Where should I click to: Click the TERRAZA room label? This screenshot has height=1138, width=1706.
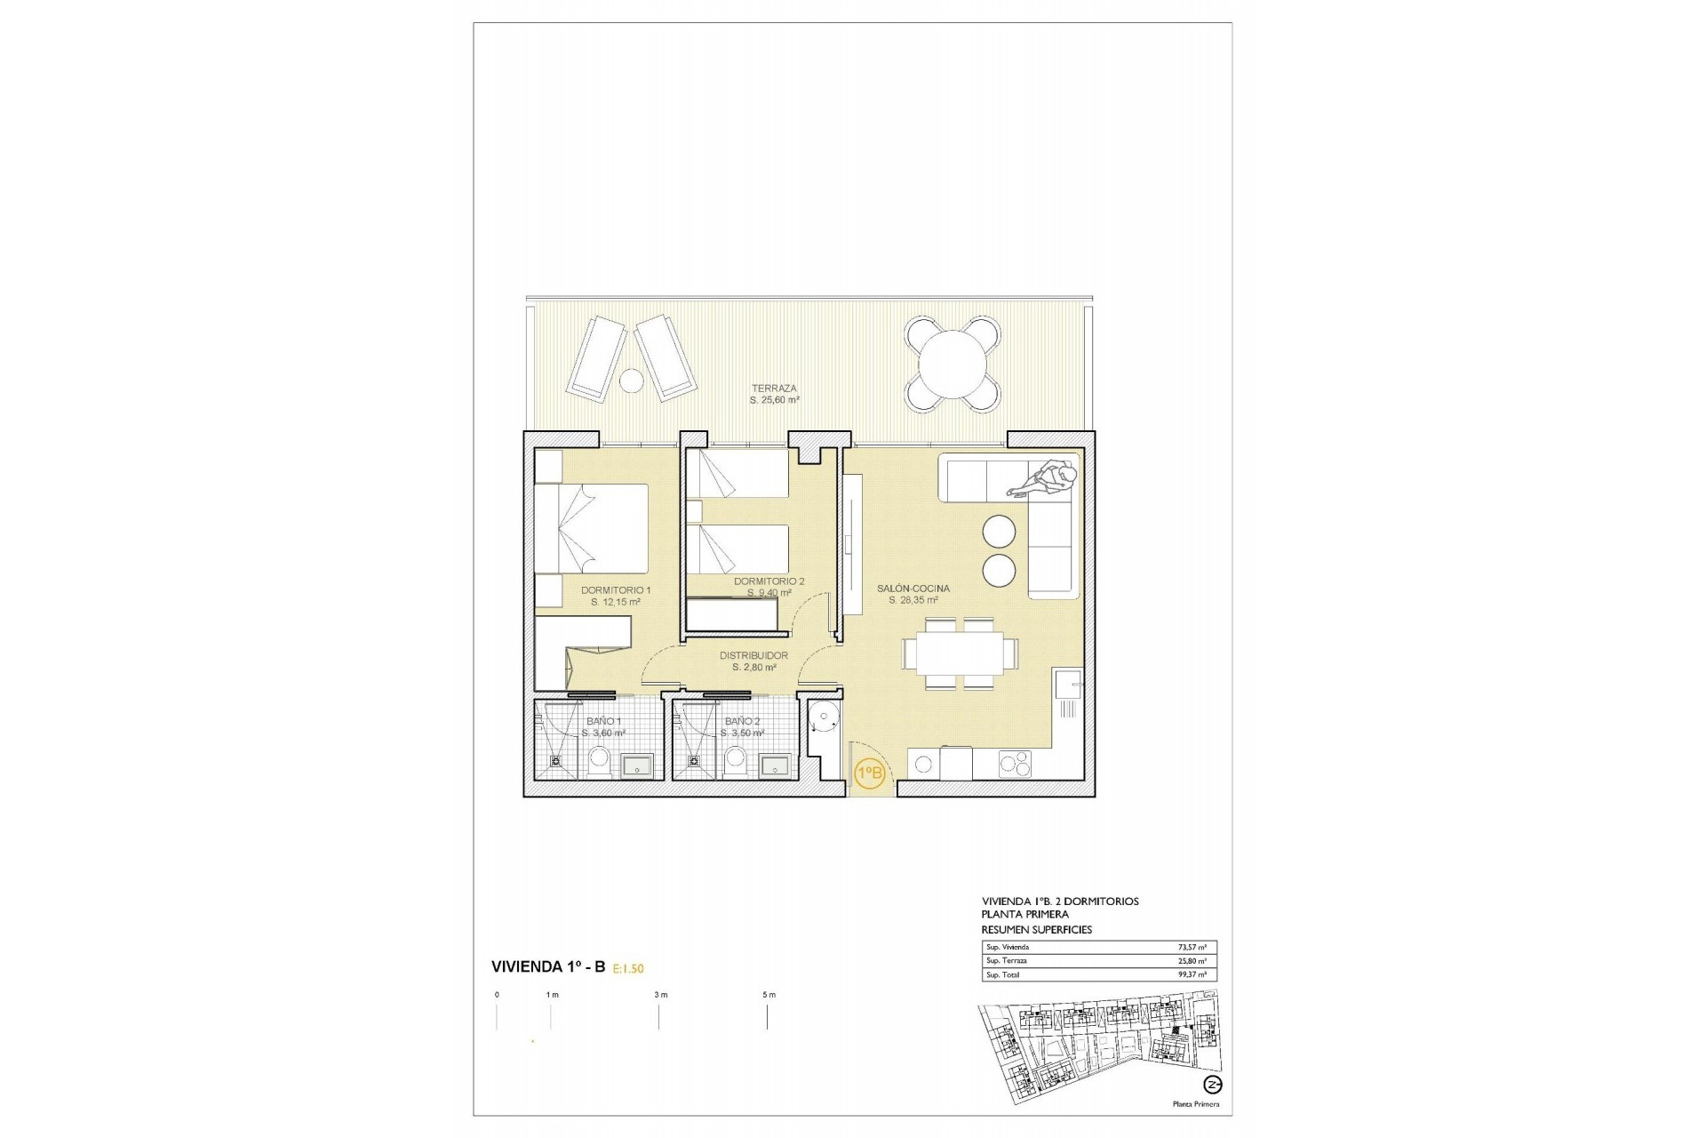click(x=774, y=389)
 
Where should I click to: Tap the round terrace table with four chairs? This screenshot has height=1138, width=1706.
click(x=953, y=364)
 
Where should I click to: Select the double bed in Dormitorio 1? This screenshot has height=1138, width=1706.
click(x=592, y=528)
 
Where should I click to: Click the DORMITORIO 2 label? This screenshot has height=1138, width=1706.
click(x=769, y=581)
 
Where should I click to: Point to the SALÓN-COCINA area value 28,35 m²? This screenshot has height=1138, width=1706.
click(x=913, y=600)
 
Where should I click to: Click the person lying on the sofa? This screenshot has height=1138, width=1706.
click(x=1048, y=480)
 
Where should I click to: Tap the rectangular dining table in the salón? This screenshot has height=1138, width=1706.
click(x=960, y=653)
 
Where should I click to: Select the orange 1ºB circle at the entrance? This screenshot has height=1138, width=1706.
click(x=869, y=773)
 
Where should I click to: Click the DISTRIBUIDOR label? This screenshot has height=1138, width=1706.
click(x=753, y=655)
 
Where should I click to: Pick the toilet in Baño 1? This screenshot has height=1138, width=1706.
click(x=600, y=760)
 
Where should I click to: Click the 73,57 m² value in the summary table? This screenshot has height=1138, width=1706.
click(x=1192, y=948)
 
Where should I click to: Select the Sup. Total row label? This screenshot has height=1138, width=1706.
click(x=1002, y=975)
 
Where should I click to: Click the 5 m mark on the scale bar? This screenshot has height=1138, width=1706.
click(x=769, y=995)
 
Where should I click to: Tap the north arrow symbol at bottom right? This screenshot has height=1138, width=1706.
click(x=1212, y=1085)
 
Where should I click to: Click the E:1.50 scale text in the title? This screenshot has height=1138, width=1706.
click(x=628, y=969)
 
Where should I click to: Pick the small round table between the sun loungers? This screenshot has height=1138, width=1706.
click(x=631, y=381)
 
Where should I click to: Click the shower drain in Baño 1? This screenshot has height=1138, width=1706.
click(x=556, y=760)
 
